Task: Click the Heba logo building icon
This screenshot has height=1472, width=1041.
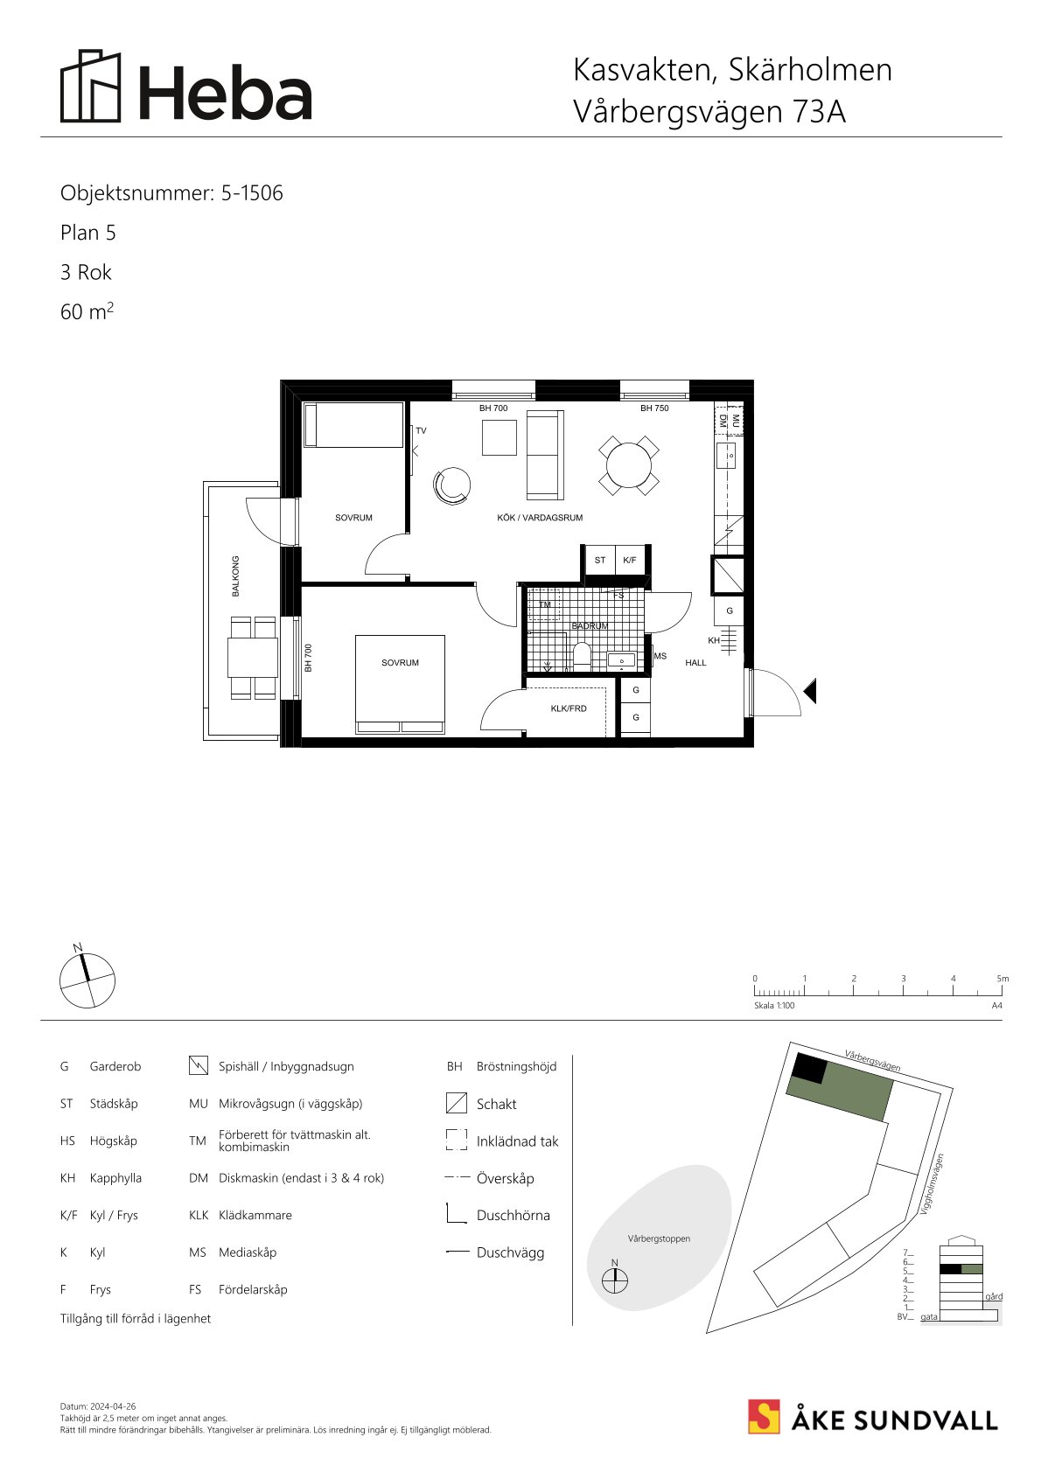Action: tap(91, 86)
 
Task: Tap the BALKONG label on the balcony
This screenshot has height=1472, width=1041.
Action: tap(235, 576)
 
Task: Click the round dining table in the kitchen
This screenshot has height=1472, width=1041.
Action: tap(629, 465)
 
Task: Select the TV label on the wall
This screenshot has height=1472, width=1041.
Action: tap(422, 431)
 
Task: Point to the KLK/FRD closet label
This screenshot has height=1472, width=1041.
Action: tap(569, 708)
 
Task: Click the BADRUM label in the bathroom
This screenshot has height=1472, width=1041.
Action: tap(590, 625)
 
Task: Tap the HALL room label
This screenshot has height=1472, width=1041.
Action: tap(695, 662)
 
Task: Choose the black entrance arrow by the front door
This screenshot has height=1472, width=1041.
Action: tap(810, 691)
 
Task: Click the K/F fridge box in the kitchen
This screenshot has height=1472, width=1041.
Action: tap(630, 561)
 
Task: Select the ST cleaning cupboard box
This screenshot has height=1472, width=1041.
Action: tap(599, 561)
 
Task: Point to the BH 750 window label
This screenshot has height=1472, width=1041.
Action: tap(654, 408)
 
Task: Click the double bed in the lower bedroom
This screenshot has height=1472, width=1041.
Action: tap(401, 684)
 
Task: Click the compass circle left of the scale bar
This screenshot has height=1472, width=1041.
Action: tap(87, 981)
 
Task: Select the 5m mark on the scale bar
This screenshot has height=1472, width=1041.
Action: tap(1003, 979)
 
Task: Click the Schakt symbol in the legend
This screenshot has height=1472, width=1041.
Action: tap(456, 1103)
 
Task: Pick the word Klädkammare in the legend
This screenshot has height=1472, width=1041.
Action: tap(255, 1215)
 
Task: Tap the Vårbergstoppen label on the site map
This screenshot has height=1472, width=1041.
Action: tap(659, 1238)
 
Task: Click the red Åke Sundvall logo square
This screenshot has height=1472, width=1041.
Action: tap(764, 1416)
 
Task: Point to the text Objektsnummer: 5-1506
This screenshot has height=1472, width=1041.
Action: tap(171, 193)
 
